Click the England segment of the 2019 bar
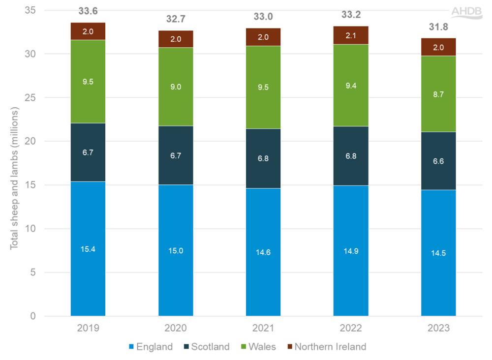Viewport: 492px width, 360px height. [x=88, y=248]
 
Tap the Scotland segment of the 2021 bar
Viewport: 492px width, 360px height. [x=263, y=158]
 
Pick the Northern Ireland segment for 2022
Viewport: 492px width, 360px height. [x=351, y=35]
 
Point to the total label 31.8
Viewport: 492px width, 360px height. [x=438, y=28]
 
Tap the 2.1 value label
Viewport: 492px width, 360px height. [x=351, y=35]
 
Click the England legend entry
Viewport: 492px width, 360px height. [x=151, y=347]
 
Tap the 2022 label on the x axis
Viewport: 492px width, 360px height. [x=351, y=328]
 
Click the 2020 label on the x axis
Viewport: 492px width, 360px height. [x=176, y=328]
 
